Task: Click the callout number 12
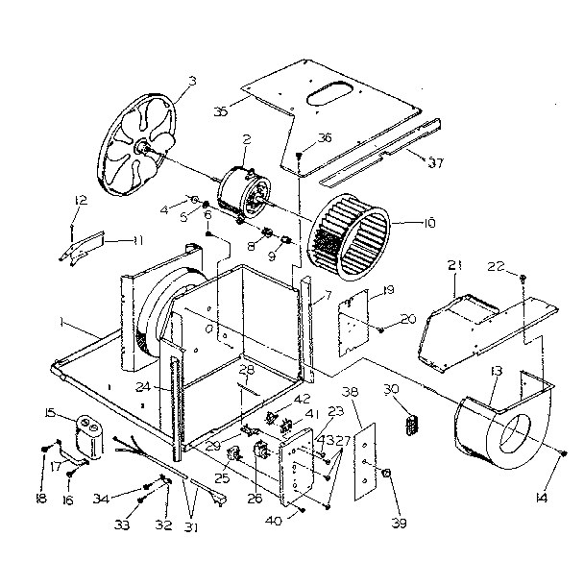click(x=81, y=200)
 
